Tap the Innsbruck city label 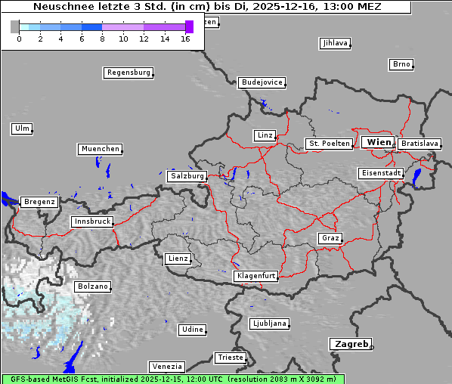(x=91, y=222)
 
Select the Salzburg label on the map (x=187, y=176)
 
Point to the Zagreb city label (x=350, y=344)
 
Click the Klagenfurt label (x=255, y=276)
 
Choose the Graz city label (x=330, y=238)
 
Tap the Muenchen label (x=100, y=149)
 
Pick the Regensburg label (x=128, y=73)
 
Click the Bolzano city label (x=92, y=287)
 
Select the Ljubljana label (x=269, y=324)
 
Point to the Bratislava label (x=419, y=143)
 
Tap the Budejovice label (x=262, y=82)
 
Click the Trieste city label (x=230, y=357)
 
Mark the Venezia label (x=166, y=366)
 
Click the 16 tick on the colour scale (x=186, y=38)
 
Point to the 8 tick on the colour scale (x=102, y=38)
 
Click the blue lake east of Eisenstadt (x=416, y=177)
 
